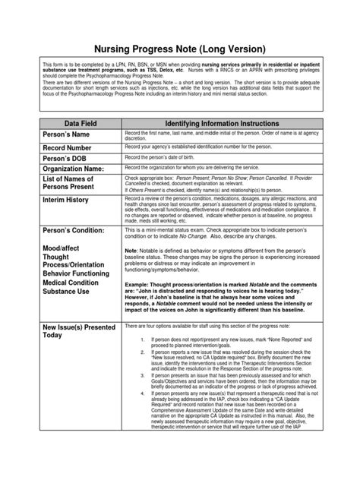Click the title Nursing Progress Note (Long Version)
180,46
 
